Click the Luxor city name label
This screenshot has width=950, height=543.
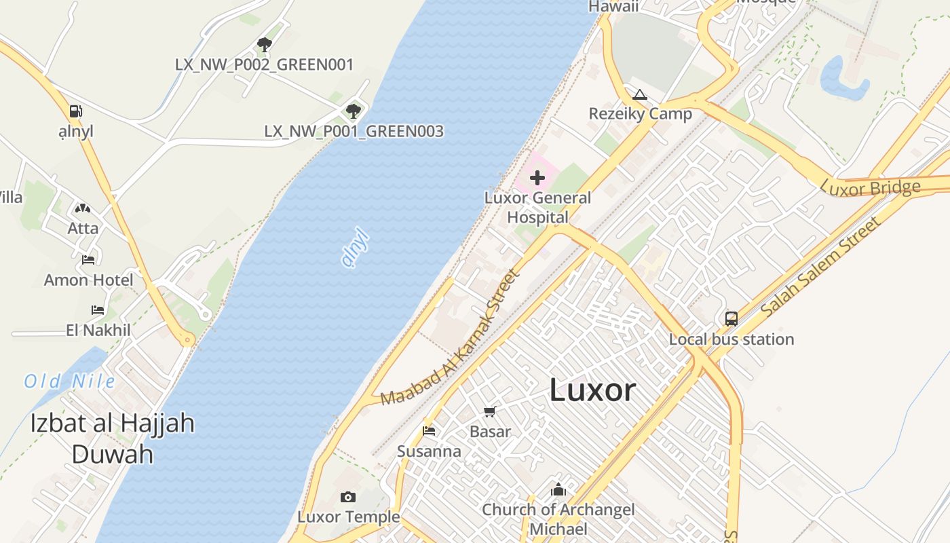[x=592, y=390]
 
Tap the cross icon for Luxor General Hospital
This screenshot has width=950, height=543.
[x=537, y=179]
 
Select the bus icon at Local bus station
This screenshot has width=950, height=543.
[x=731, y=318]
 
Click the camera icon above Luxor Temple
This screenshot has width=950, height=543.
[x=348, y=498]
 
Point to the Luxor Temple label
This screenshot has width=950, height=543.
[x=349, y=517]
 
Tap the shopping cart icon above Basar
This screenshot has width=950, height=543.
[x=490, y=411]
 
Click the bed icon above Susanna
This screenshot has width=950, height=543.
[x=429, y=431]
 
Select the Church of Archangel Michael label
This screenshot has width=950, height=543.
[x=558, y=519]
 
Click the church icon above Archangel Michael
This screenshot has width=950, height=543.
[x=558, y=489]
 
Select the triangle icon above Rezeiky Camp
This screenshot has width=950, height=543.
[x=639, y=94]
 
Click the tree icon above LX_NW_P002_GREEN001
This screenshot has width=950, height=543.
[x=265, y=45]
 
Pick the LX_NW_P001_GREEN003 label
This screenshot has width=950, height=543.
[x=354, y=132]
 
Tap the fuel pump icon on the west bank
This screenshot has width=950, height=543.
[x=76, y=111]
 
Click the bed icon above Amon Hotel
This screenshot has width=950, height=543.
[x=88, y=259]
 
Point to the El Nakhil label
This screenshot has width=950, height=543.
[x=98, y=331]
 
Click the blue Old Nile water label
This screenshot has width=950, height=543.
[x=70, y=381]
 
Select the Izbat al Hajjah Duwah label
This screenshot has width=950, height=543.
[x=112, y=438]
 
